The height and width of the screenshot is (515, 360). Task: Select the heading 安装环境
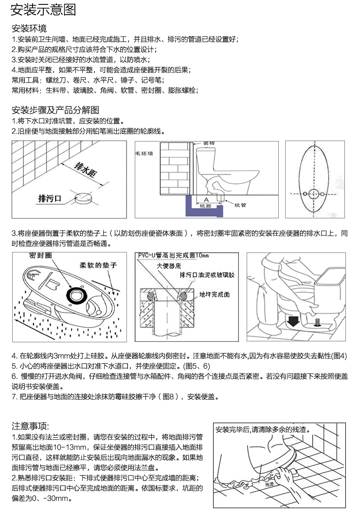point(29,28)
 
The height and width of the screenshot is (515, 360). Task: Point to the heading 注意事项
point(31,426)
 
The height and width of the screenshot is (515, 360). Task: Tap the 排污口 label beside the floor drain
point(50,198)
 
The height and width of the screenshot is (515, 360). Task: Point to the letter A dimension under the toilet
point(206,199)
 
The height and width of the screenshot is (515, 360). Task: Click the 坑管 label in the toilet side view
point(240,205)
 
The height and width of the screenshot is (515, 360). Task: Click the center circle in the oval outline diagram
point(313,195)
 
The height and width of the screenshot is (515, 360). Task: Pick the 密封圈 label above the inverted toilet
point(41,255)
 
